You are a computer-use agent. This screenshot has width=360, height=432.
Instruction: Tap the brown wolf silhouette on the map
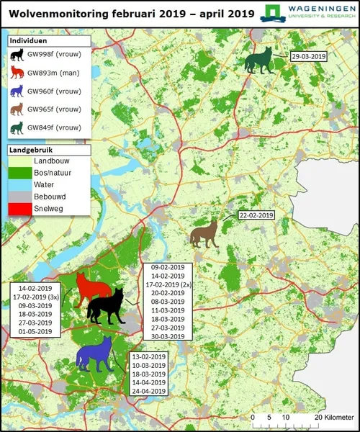(x=204, y=234)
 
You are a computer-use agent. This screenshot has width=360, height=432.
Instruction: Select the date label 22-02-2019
(x=256, y=215)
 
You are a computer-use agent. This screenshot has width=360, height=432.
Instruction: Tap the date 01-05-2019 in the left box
(x=35, y=332)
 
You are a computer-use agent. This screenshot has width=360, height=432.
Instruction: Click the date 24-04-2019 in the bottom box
(x=148, y=391)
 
